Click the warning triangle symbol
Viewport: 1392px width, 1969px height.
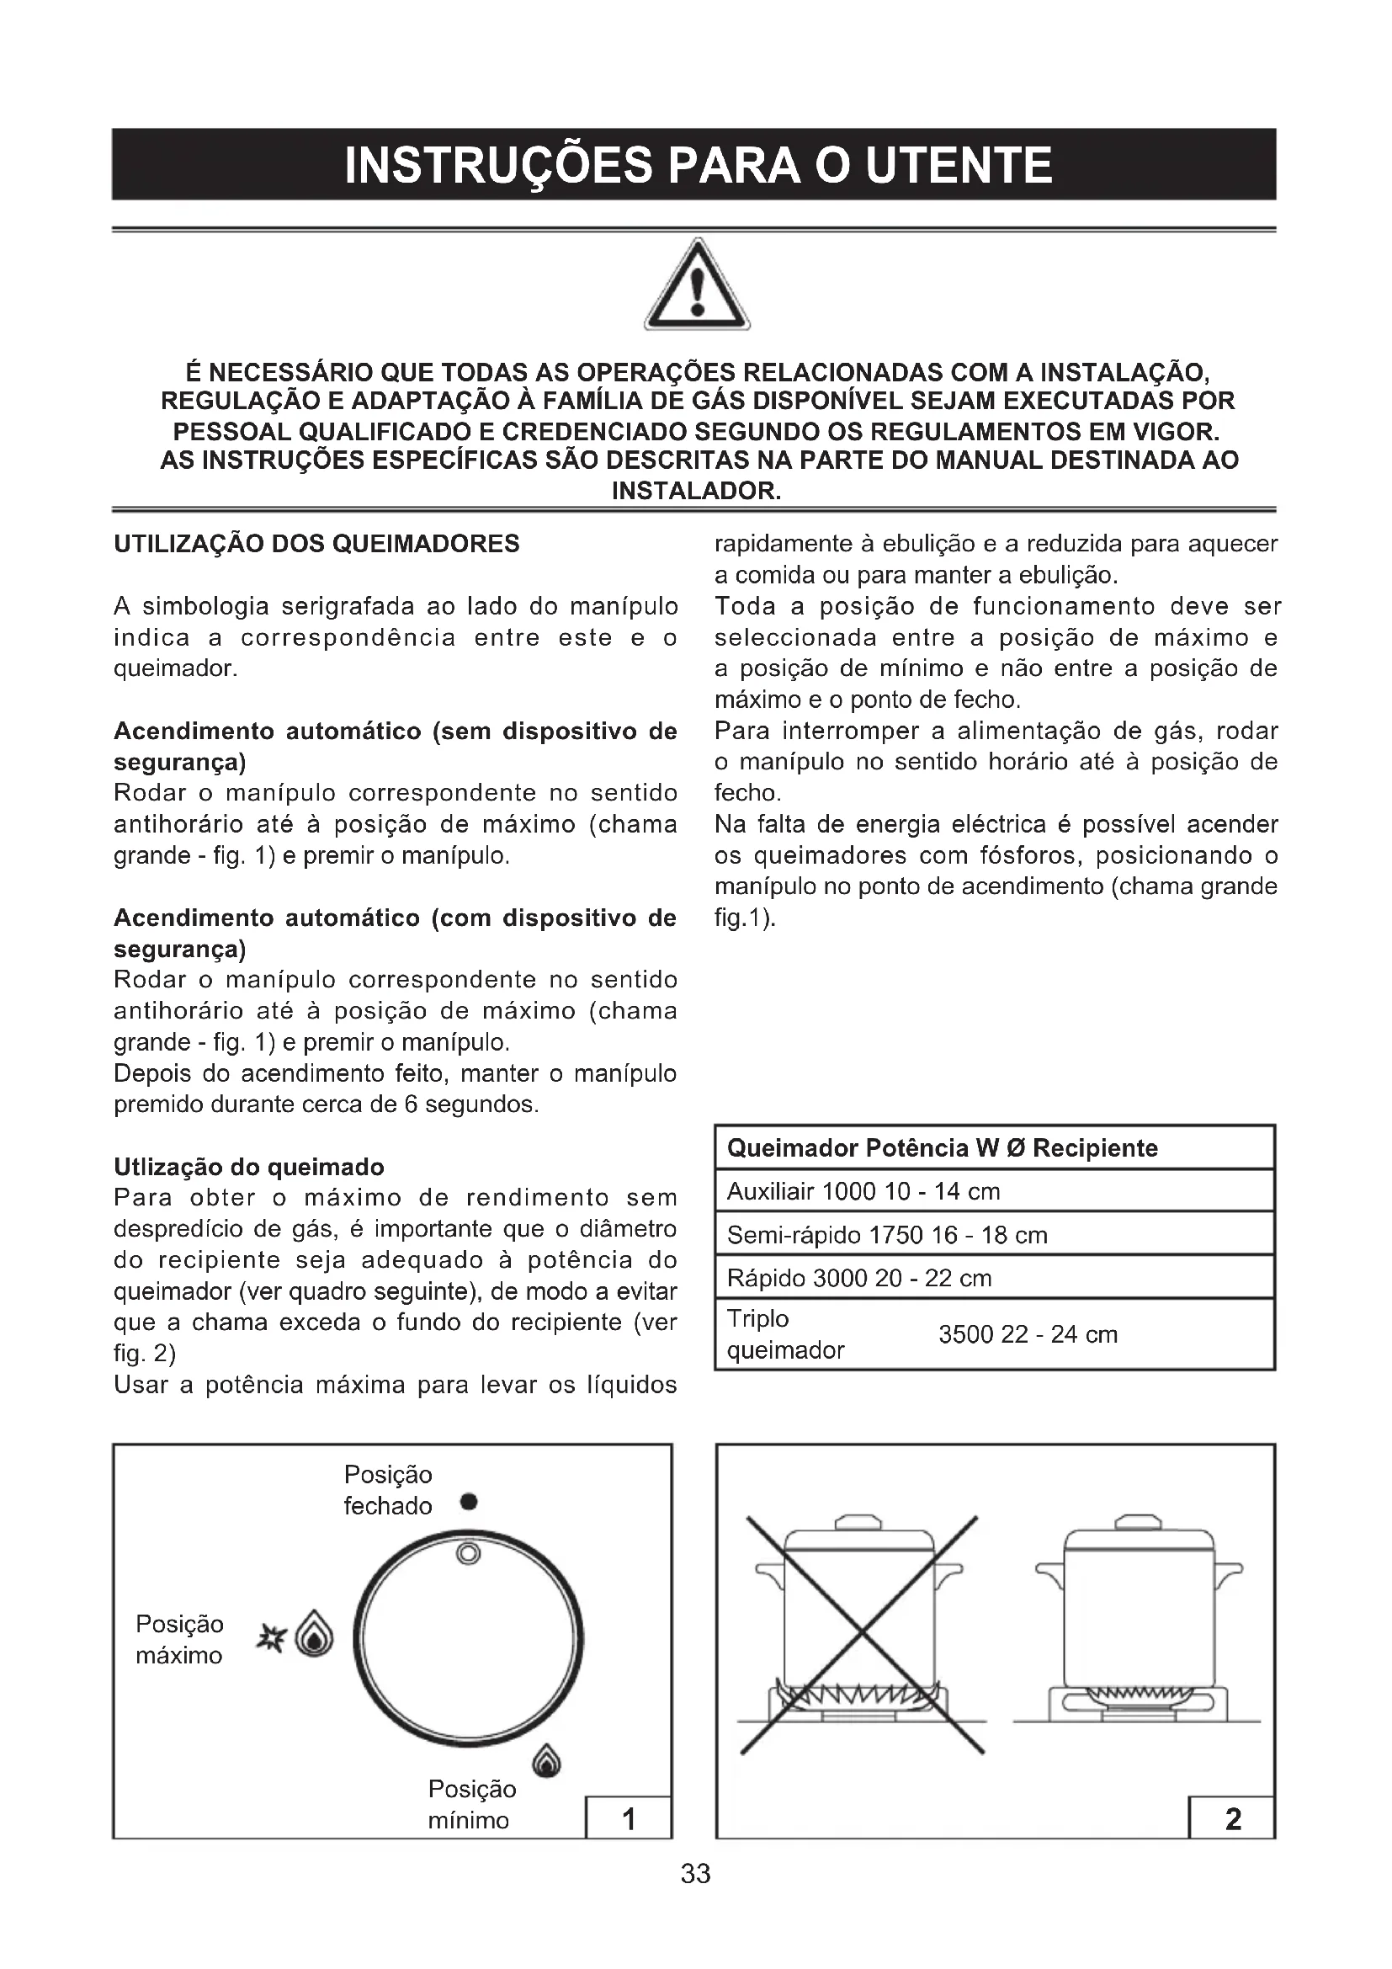697,287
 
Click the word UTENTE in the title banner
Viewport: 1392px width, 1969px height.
959,166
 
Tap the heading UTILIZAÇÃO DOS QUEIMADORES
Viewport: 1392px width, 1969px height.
316,544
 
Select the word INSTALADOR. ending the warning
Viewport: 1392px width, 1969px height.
696,492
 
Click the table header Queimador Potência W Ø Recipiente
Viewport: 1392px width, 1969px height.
942,1148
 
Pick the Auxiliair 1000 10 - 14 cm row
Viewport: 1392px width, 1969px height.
863,1191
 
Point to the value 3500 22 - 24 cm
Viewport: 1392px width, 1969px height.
1028,1334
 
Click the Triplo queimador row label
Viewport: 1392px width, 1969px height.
784,1334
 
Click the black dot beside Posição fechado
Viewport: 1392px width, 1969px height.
468,1502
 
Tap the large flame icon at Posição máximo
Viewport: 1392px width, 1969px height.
314,1637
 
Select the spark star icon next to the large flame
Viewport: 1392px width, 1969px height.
271,1637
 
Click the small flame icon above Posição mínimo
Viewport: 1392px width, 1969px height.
547,1760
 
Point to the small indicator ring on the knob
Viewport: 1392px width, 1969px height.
468,1553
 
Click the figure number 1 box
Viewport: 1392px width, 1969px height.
629,1819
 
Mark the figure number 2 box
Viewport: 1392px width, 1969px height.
1233,1819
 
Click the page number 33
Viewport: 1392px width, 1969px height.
696,1874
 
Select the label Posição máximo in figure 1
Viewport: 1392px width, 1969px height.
180,1639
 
